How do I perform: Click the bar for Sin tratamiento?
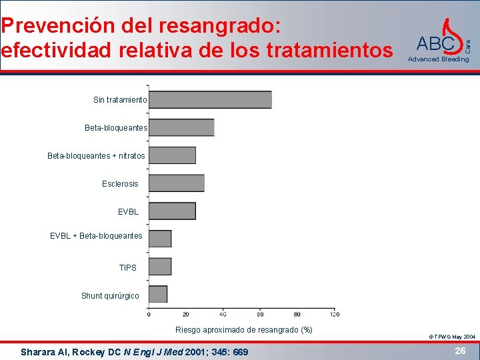(210, 99)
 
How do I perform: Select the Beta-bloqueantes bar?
(181, 127)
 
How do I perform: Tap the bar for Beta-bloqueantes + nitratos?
(172, 155)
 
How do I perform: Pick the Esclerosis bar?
(177, 183)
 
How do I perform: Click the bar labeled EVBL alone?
(172, 211)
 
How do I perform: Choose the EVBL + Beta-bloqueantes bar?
(160, 239)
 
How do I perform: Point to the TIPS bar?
(160, 267)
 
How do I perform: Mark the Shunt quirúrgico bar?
(158, 294)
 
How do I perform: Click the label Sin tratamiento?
(120, 100)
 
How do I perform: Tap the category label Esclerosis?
(120, 183)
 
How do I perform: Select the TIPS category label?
(127, 267)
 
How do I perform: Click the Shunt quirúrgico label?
(110, 295)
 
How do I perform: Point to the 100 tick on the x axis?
(334, 314)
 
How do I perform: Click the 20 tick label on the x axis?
(185, 314)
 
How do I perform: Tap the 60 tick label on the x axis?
(260, 314)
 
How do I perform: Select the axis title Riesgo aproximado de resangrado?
(243, 330)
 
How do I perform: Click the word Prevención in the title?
(59, 26)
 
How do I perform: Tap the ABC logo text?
(435, 44)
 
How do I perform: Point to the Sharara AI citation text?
(134, 351)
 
